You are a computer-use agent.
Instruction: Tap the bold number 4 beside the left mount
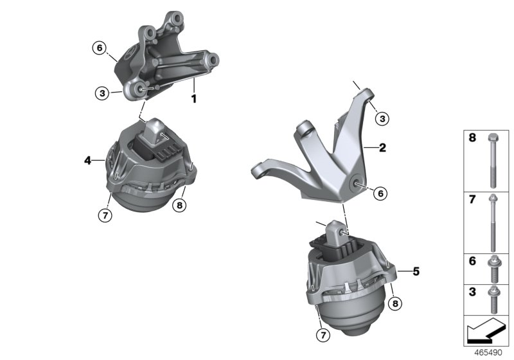(x=87, y=159)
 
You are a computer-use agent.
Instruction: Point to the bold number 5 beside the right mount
(x=416, y=271)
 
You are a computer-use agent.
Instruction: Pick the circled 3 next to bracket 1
(x=102, y=93)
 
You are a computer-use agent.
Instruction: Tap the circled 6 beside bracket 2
(x=380, y=192)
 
